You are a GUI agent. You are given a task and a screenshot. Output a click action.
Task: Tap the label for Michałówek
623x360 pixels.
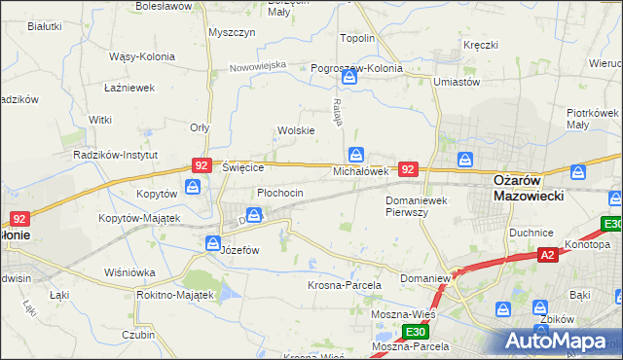point(361,171)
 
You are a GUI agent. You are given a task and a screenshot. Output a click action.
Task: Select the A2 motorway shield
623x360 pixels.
point(548,255)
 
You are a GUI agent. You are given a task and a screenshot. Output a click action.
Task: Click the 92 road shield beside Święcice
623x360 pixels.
point(201,166)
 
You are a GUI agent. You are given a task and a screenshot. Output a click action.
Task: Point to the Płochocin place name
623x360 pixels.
point(280,193)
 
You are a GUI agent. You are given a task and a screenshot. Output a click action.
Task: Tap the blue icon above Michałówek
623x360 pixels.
point(356,155)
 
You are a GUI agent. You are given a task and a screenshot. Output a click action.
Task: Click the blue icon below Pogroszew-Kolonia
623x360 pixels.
point(349,86)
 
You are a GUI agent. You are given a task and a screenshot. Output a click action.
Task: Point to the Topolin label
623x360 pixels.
point(357,38)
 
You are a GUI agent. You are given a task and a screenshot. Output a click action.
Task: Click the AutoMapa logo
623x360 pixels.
point(564,342)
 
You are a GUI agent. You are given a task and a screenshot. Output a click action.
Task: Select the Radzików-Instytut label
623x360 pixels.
point(114,155)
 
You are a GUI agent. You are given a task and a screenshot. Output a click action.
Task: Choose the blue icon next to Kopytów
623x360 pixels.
point(193,186)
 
